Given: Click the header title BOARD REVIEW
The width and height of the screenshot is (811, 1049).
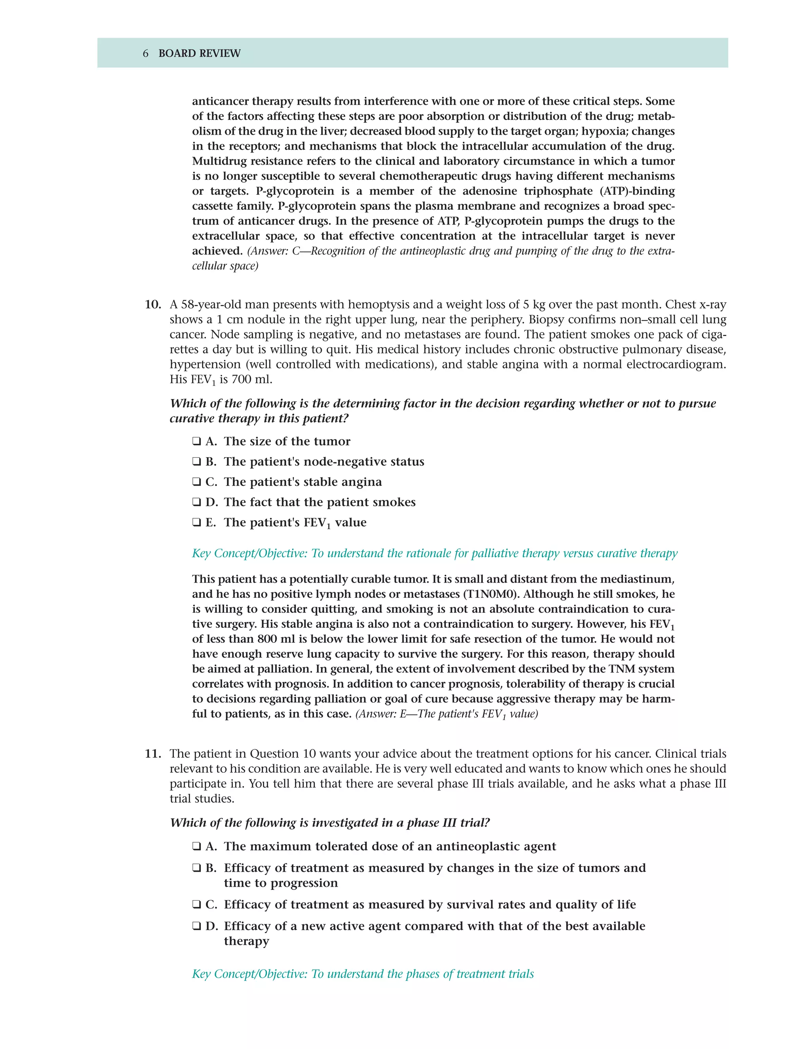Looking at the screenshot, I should [x=200, y=53].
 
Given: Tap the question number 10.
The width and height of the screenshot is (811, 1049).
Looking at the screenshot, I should [x=153, y=304].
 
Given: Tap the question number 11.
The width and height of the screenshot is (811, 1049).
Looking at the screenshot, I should [x=153, y=754].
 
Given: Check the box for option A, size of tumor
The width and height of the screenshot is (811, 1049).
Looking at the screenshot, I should [x=196, y=441].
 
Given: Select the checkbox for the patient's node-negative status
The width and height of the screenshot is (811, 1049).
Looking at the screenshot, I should [x=196, y=461].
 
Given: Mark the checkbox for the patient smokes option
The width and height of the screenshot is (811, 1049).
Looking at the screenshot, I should [x=196, y=502].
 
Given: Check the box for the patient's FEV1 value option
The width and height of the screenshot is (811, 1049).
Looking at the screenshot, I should [x=196, y=522].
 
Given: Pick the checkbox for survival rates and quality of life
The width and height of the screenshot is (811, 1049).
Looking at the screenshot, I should [x=196, y=905].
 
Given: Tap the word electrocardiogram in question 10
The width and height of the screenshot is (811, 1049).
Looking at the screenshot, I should [x=678, y=365].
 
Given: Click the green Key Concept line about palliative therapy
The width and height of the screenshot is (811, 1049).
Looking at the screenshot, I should [x=434, y=553].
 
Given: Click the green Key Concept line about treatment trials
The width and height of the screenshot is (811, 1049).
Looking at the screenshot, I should [x=363, y=974].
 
